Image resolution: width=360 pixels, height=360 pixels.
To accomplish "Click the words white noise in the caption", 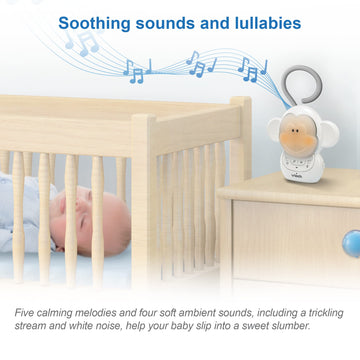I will [x=98, y=328].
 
